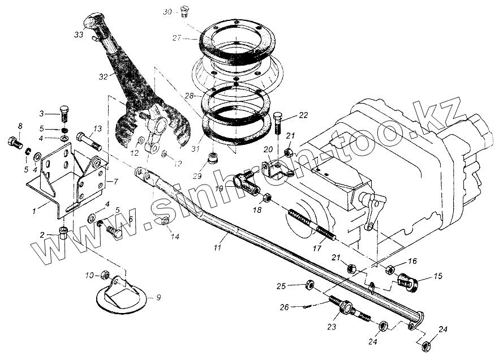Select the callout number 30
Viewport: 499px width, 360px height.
tap(166, 11)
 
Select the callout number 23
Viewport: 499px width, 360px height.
tap(332, 326)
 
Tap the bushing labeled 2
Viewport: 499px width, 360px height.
tap(63, 232)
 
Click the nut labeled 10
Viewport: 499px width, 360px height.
tap(105, 275)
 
